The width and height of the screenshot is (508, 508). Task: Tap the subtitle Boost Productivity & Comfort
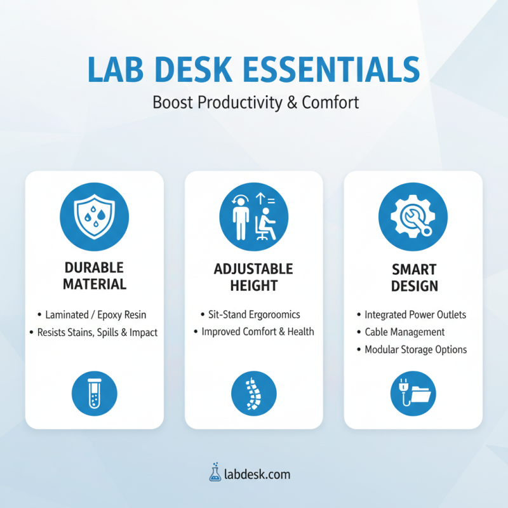[x=255, y=102]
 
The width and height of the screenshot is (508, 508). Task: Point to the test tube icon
[x=94, y=393]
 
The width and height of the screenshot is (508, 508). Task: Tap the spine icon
[x=254, y=393]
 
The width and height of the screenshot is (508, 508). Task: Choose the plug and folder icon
[x=413, y=393]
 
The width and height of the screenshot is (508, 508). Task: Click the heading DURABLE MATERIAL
[x=94, y=275]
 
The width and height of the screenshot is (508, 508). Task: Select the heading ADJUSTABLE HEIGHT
[x=254, y=277]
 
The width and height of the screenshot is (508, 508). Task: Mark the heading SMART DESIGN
[x=413, y=277]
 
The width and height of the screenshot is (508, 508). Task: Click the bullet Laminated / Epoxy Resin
[x=96, y=314]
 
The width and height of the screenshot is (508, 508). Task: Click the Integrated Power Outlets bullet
[x=415, y=314]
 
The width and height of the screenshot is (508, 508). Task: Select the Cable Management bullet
[x=404, y=331]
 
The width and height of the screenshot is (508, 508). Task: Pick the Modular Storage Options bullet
[x=415, y=349]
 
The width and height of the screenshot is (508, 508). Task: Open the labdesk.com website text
[x=257, y=474]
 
